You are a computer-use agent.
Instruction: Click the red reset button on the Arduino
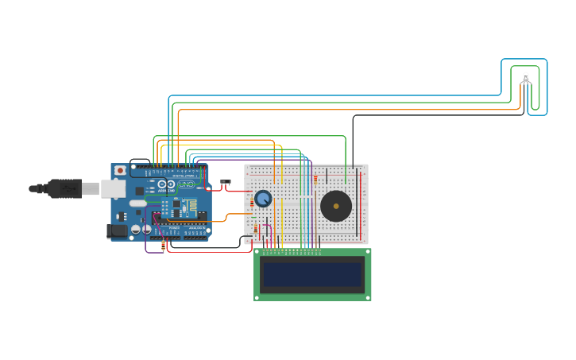coord(120,170)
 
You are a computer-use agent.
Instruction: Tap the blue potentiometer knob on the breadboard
coord(263,199)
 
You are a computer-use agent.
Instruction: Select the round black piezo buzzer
coord(336,206)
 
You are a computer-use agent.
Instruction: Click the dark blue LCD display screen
coord(312,274)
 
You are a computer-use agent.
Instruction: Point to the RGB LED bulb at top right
coord(525,77)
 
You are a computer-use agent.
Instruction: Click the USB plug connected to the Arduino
coord(64,188)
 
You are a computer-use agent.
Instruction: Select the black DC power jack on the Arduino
coord(118,230)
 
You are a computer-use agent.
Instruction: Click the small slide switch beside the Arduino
coord(226,183)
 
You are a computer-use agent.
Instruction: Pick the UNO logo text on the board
coord(186,184)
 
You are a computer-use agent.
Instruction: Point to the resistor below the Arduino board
coord(164,246)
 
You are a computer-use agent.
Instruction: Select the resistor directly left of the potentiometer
coord(252,203)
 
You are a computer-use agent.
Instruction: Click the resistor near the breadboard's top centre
coord(315,178)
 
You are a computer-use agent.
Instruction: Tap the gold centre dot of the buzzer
coord(336,206)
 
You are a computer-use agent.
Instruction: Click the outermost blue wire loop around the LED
coord(547,87)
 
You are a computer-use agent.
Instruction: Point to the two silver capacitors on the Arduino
coord(141,229)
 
